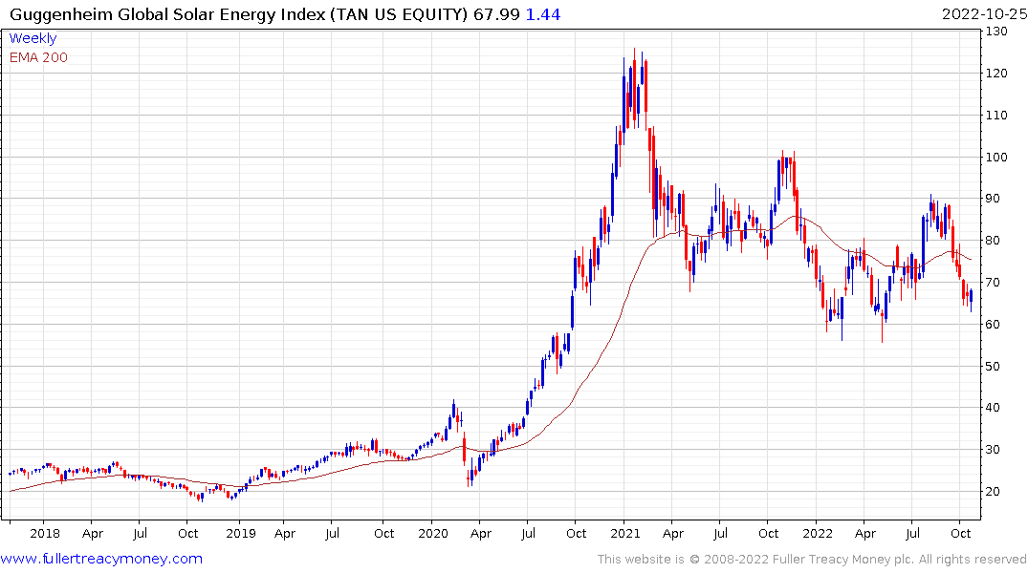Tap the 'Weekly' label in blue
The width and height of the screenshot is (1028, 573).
pos(33,39)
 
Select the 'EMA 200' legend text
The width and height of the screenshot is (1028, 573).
pos(38,57)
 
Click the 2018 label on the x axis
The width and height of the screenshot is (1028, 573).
pos(45,534)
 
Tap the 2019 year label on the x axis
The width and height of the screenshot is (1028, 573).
pos(239,534)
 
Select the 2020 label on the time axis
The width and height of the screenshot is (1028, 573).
pos(432,534)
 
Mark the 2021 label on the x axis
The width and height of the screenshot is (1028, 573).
pos(624,534)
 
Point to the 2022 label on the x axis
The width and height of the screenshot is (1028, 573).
pos(818,534)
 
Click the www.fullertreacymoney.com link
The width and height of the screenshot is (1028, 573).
pos(101,559)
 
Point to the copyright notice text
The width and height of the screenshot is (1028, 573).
pos(812,560)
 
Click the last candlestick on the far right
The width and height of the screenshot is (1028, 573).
pos(971,297)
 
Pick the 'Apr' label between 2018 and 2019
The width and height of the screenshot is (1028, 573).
pos(92,534)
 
